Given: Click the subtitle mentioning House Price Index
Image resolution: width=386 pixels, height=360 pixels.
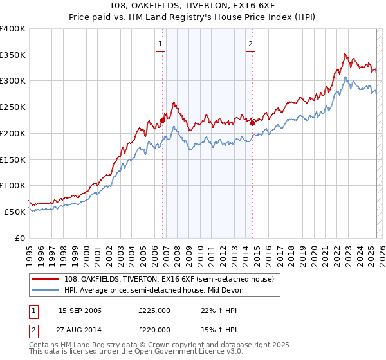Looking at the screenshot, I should point(192,18).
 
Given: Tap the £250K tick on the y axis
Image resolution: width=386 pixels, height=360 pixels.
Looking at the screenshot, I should point(13,107).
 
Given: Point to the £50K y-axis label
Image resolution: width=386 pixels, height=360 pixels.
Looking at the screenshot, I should point(15,212).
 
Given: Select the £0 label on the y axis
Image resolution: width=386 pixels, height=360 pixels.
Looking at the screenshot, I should point(20,238).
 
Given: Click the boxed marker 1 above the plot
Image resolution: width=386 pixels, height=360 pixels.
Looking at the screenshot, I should point(160,44).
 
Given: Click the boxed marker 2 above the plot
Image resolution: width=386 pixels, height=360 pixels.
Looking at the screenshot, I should point(250,44).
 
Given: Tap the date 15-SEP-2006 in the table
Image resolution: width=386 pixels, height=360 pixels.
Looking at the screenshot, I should point(80,310).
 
